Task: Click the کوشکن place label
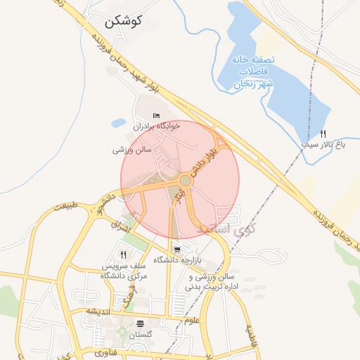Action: [x=122, y=21]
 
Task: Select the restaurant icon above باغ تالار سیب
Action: [x=323, y=134]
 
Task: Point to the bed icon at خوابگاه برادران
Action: [x=156, y=115]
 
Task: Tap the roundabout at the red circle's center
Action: [x=185, y=181]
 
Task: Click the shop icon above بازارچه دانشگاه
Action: [x=177, y=249]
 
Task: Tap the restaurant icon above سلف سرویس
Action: [x=123, y=255]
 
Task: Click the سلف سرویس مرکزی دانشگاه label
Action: [x=123, y=271]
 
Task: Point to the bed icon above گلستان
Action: [x=140, y=323]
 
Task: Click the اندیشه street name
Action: [x=99, y=311]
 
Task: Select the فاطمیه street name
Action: [x=251, y=335]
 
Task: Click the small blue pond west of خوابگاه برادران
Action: [x=118, y=123]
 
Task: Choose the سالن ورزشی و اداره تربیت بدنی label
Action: [x=209, y=282]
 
